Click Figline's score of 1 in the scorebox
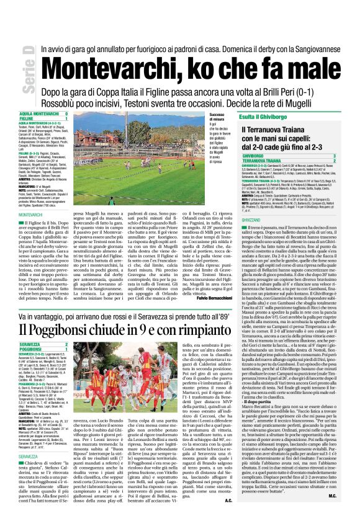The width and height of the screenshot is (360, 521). (66, 118)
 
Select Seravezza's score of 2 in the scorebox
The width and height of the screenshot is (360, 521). (66, 344)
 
